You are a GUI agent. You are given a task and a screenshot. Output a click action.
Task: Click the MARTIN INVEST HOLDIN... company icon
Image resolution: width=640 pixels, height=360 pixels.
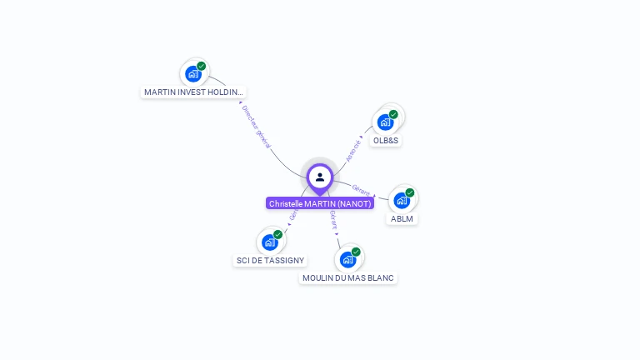193,73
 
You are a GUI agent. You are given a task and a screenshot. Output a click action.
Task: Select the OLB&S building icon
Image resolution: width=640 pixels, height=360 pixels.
385,122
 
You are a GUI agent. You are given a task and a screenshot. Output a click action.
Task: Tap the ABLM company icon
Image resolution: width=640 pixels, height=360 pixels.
402,200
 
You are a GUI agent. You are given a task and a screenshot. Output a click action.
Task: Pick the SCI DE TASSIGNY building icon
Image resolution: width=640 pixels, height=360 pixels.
269,242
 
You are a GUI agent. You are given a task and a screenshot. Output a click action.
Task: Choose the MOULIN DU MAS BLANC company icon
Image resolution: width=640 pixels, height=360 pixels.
347,259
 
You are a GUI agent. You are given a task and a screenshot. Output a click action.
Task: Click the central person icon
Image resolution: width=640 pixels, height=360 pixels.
320,177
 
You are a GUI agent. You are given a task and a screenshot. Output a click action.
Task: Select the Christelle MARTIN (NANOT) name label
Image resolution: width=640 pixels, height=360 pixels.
320,203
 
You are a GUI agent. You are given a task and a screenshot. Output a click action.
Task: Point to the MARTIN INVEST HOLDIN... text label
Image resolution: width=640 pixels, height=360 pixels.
194,92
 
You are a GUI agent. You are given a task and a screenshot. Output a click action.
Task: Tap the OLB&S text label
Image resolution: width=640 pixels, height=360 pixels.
387,141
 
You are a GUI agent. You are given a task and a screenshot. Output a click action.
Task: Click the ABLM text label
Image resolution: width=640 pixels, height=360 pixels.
402,219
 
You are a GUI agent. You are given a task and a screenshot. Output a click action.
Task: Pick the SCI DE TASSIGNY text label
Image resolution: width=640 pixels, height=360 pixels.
270,261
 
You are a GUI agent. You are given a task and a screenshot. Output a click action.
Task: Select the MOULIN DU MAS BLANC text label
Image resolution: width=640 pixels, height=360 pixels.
348,277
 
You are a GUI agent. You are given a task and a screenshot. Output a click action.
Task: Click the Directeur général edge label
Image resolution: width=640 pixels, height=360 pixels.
256,127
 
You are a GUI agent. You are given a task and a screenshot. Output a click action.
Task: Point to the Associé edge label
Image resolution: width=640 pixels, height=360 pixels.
354,150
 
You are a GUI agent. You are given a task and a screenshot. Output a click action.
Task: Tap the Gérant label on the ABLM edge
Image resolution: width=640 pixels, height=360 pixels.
362,190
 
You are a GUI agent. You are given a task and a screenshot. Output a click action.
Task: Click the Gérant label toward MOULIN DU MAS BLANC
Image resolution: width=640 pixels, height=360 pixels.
333,219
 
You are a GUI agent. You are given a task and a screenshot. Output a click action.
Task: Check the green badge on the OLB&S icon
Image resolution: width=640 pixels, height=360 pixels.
393,114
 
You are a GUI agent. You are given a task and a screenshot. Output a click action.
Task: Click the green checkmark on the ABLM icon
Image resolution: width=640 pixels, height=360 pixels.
410,192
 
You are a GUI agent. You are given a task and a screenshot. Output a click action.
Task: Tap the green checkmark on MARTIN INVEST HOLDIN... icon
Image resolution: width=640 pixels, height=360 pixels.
202,66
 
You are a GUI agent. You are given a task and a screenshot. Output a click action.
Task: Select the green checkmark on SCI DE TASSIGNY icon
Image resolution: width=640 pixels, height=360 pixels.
277,234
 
